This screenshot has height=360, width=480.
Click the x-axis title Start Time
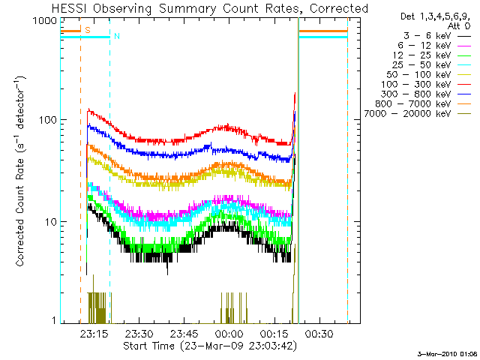(210, 346)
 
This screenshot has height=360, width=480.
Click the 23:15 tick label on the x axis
(95, 334)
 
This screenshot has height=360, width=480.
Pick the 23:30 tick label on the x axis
(139, 334)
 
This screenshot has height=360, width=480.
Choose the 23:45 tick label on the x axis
(184, 334)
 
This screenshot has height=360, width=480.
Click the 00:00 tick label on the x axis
(228, 334)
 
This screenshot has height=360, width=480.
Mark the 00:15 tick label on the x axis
(272, 334)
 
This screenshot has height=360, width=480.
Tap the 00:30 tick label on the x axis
(316, 334)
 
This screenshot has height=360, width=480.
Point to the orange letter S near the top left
(88, 31)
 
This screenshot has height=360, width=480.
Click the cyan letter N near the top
(117, 36)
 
